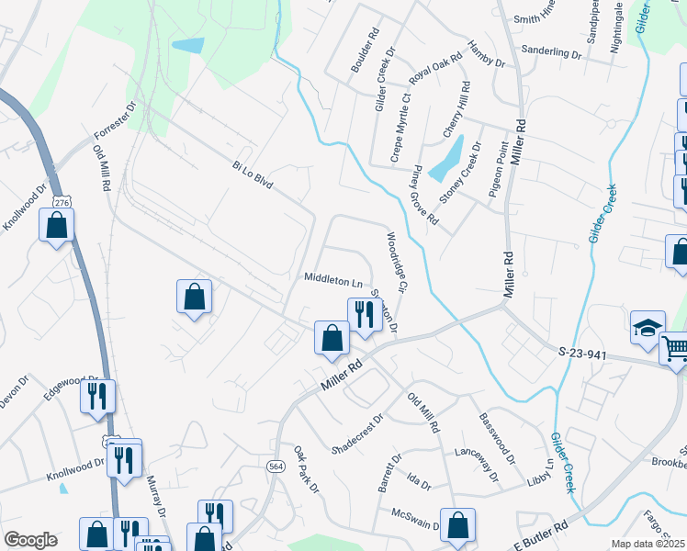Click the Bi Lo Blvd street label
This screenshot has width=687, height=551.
point(253,172)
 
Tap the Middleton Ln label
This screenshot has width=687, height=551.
point(332,277)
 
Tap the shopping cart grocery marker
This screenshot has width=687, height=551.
point(675,350)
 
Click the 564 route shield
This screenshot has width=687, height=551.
point(276,467)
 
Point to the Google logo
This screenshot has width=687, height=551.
point(30,540)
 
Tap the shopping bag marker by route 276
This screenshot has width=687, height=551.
point(57,225)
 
